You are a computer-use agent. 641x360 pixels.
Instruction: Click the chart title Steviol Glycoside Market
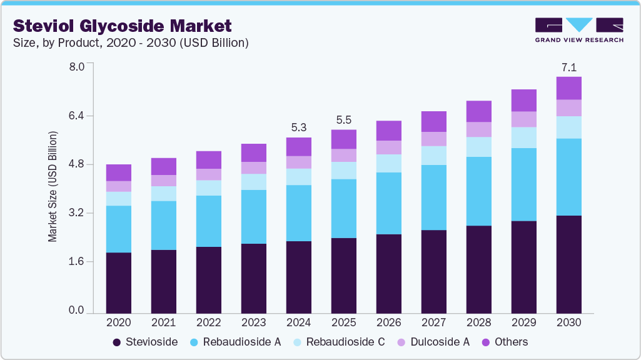point(123,26)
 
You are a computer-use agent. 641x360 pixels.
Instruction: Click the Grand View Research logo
point(578,29)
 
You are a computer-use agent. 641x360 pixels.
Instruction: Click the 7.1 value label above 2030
point(568,67)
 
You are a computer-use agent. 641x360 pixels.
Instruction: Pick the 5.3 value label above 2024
point(298,127)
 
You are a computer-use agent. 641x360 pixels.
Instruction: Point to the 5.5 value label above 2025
point(343,120)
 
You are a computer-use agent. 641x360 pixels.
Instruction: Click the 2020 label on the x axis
point(118,323)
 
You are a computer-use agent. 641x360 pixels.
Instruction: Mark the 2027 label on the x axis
point(433,323)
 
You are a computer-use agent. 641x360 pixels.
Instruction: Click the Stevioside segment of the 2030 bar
point(568,264)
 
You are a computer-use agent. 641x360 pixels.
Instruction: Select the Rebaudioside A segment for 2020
point(118,229)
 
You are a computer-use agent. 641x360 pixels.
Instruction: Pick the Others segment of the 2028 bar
point(478,111)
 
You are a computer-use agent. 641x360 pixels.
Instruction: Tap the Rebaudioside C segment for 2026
point(388,163)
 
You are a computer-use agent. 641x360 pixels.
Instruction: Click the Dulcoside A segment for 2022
point(208,174)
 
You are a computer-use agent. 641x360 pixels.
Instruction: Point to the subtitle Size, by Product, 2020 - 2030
point(131,43)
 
